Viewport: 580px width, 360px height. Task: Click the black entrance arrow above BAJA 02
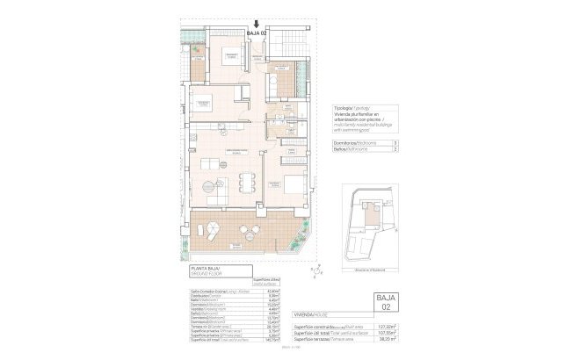point(256,25)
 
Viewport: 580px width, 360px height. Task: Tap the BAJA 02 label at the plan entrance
point(256,34)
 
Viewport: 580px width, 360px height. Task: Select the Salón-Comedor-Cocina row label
point(212,291)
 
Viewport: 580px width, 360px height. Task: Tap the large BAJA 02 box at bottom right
point(386,306)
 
